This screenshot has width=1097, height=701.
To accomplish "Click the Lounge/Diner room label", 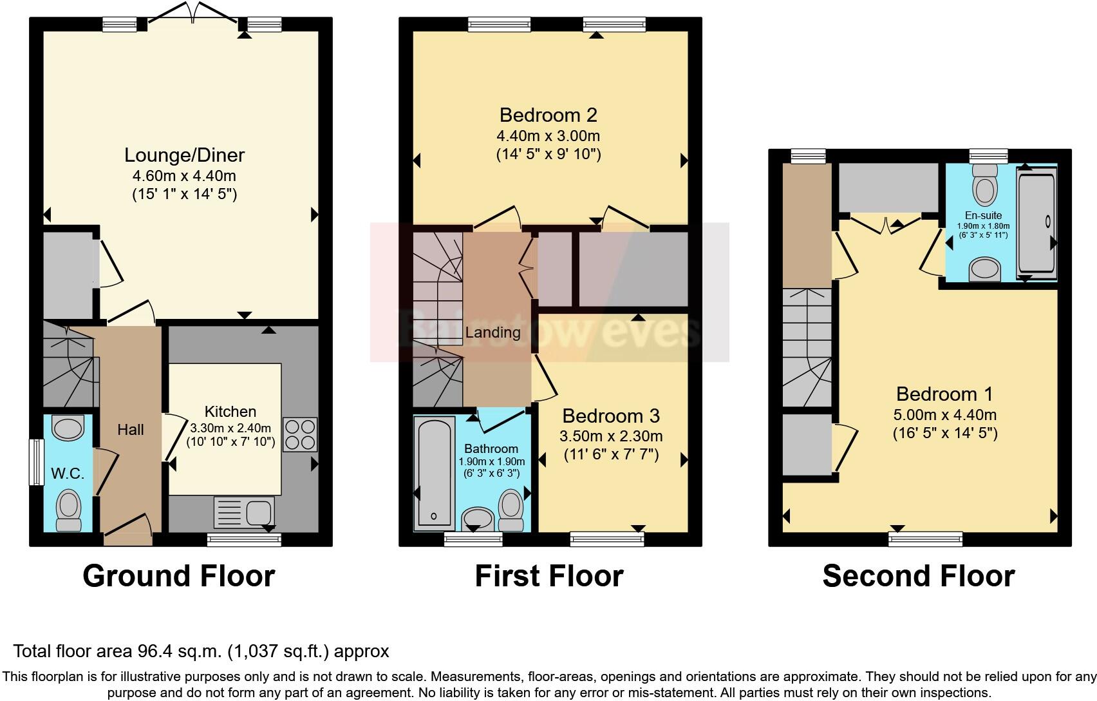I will coord(184,155).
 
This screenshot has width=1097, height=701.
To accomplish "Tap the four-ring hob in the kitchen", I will coord(300,435).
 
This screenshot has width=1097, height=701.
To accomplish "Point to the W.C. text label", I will coord(68,474).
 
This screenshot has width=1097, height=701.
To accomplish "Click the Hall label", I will coord(130,430).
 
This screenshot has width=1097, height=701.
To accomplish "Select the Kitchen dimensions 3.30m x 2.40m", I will coord(230,427).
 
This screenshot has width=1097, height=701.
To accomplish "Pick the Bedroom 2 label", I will coord(548,115).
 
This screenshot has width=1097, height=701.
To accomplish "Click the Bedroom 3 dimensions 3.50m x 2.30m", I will coord(611,436).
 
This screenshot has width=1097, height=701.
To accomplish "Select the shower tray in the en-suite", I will coord(1036,222).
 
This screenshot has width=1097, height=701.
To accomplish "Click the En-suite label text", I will coord(983,215).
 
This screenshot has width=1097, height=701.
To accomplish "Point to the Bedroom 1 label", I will coord(944,394).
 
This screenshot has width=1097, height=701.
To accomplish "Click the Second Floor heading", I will coord(918,575).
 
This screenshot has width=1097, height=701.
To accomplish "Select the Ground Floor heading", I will coord(178,575).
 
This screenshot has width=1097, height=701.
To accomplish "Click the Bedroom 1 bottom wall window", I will coord(926,539).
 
